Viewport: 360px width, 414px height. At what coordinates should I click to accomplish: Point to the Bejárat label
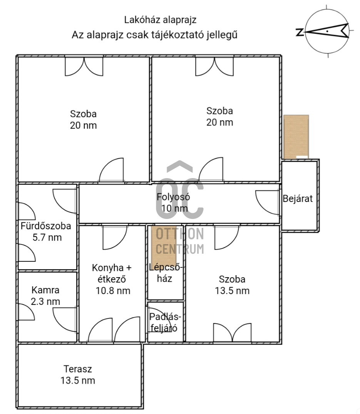(x=298, y=199)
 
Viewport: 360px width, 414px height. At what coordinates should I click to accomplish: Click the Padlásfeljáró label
(x=165, y=322)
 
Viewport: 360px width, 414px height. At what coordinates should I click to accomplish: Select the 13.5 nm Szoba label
(x=232, y=285)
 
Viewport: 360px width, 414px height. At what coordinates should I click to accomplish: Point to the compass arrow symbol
(x=327, y=31)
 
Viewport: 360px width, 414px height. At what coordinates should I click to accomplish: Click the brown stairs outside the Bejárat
(x=296, y=137)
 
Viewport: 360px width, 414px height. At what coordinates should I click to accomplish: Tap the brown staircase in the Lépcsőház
(x=164, y=244)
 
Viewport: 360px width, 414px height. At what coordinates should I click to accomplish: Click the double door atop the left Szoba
(x=84, y=66)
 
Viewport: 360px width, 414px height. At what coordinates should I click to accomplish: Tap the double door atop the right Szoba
(x=214, y=66)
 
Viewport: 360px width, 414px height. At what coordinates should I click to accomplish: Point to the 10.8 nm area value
(x=113, y=291)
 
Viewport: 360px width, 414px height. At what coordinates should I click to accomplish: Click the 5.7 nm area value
(x=47, y=237)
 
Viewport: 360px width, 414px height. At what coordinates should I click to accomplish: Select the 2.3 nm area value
(x=45, y=301)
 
